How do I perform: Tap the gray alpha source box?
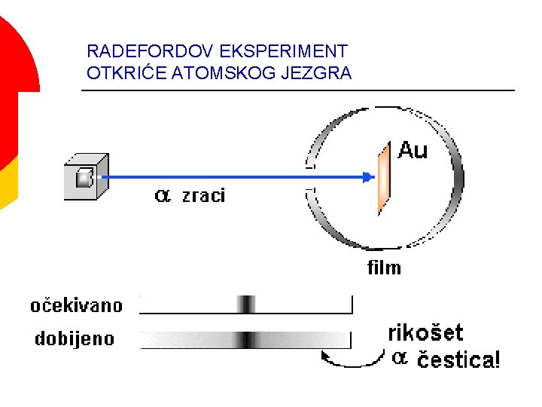pyautogui.click(x=85, y=177)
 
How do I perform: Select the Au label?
pyautogui.click(x=412, y=151)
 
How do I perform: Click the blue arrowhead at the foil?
pyautogui.click(x=368, y=178)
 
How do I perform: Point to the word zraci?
pyautogui.click(x=202, y=197)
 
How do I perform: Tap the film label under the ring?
pyautogui.click(x=384, y=268)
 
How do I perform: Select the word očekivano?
pyautogui.click(x=76, y=305)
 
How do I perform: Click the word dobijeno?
pyautogui.click(x=75, y=338)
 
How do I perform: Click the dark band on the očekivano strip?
pyautogui.click(x=246, y=304)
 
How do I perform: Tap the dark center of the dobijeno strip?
pyautogui.click(x=246, y=339)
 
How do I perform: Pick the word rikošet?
pyautogui.click(x=425, y=333)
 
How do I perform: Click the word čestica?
pyautogui.click(x=458, y=360)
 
